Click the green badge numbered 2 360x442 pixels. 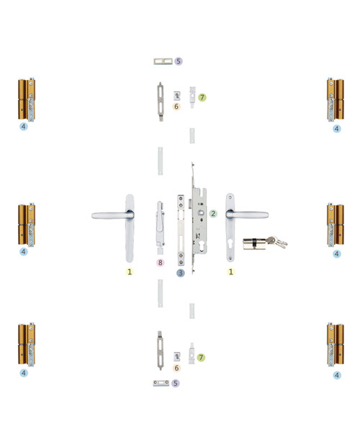pos(213,214)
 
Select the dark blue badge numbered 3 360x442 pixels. pos(181,273)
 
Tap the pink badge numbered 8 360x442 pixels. pos(160,263)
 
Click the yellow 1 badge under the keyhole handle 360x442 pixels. pos(230,271)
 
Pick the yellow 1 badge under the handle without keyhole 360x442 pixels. pos(130,271)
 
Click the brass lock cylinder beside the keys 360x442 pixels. pos(254,243)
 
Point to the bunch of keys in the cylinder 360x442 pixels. pos(276,242)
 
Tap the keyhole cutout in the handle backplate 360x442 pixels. pos(230,243)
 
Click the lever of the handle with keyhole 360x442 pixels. pos(247,215)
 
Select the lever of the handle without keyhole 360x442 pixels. pos(112,216)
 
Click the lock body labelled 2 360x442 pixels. pos(199,218)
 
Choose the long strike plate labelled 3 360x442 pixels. pos(181,230)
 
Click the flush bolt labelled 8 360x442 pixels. pos(160,227)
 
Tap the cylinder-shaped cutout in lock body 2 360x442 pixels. pos(202,245)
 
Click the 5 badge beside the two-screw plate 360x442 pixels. pos(176,383)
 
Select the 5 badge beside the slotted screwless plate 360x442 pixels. pos(178,61)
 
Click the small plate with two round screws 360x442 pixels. pos(161,383)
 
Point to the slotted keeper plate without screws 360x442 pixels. pos(163,61)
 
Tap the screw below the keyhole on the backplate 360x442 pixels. pos(230,258)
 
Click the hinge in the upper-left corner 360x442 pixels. pos(27,100)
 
